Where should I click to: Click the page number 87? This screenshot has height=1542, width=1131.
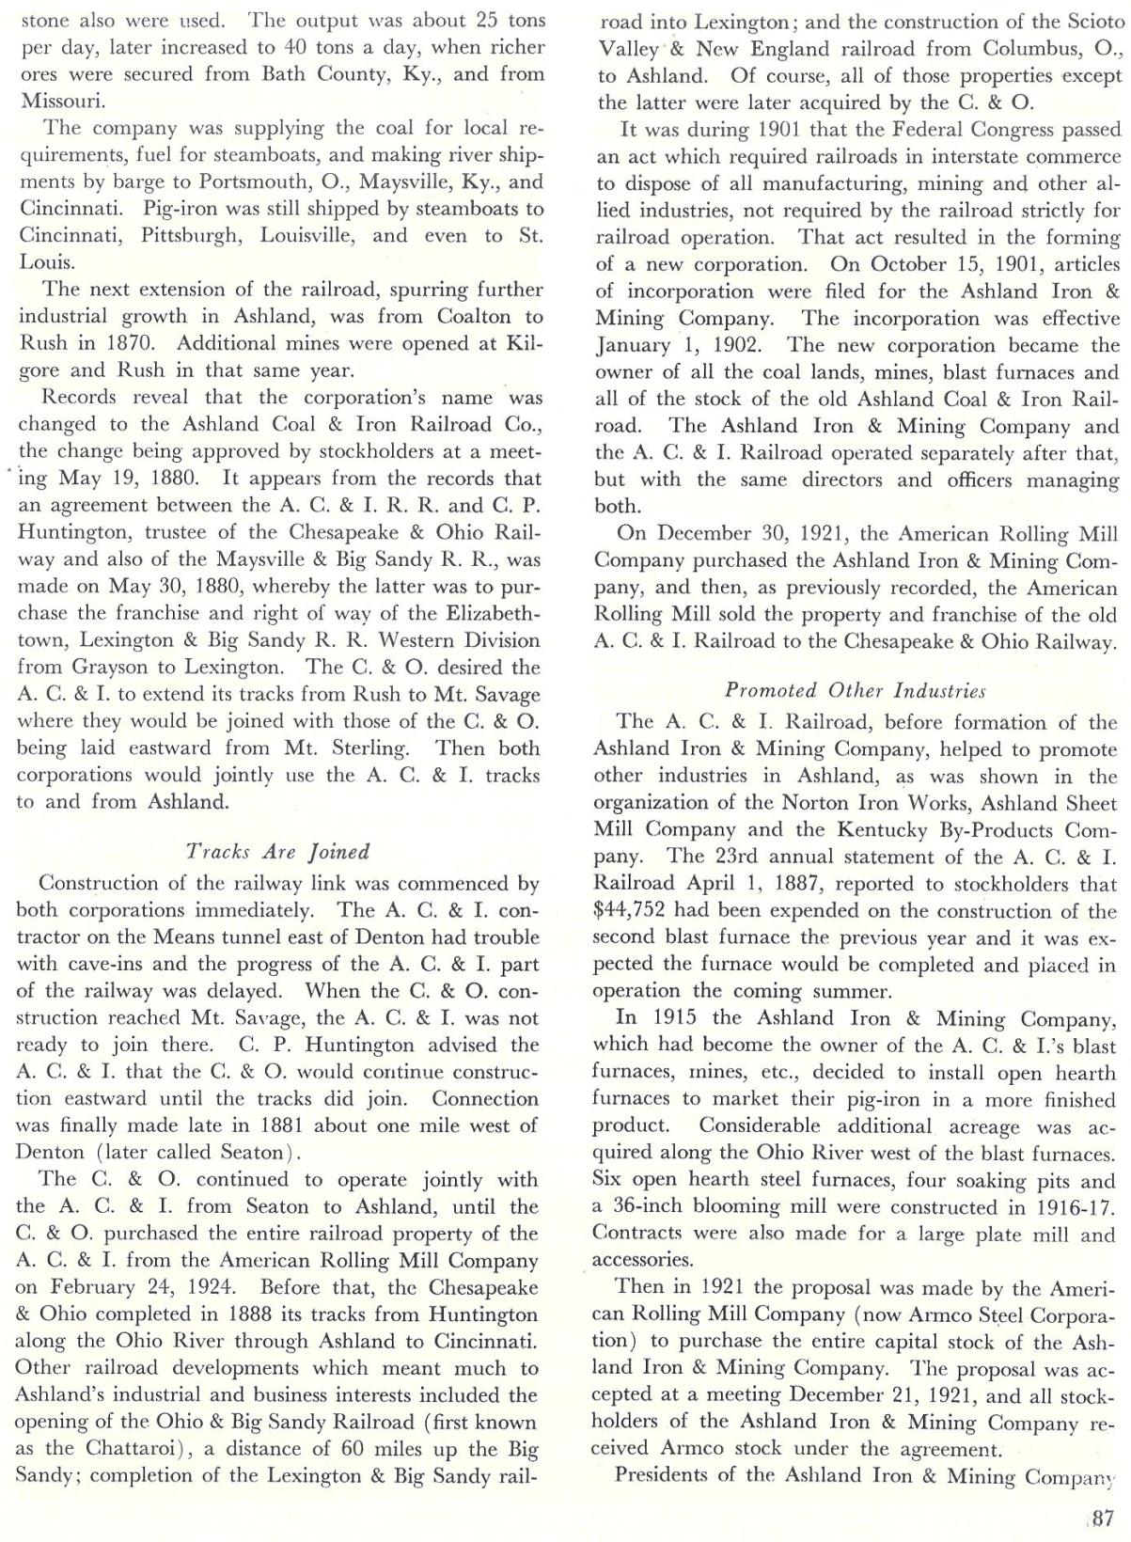pos(1100,1517)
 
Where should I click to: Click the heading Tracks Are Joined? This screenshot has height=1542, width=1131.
pos(278,852)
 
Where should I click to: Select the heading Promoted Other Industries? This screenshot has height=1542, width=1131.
pos(855,691)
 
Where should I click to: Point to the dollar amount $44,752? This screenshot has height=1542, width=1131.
pos(633,911)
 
